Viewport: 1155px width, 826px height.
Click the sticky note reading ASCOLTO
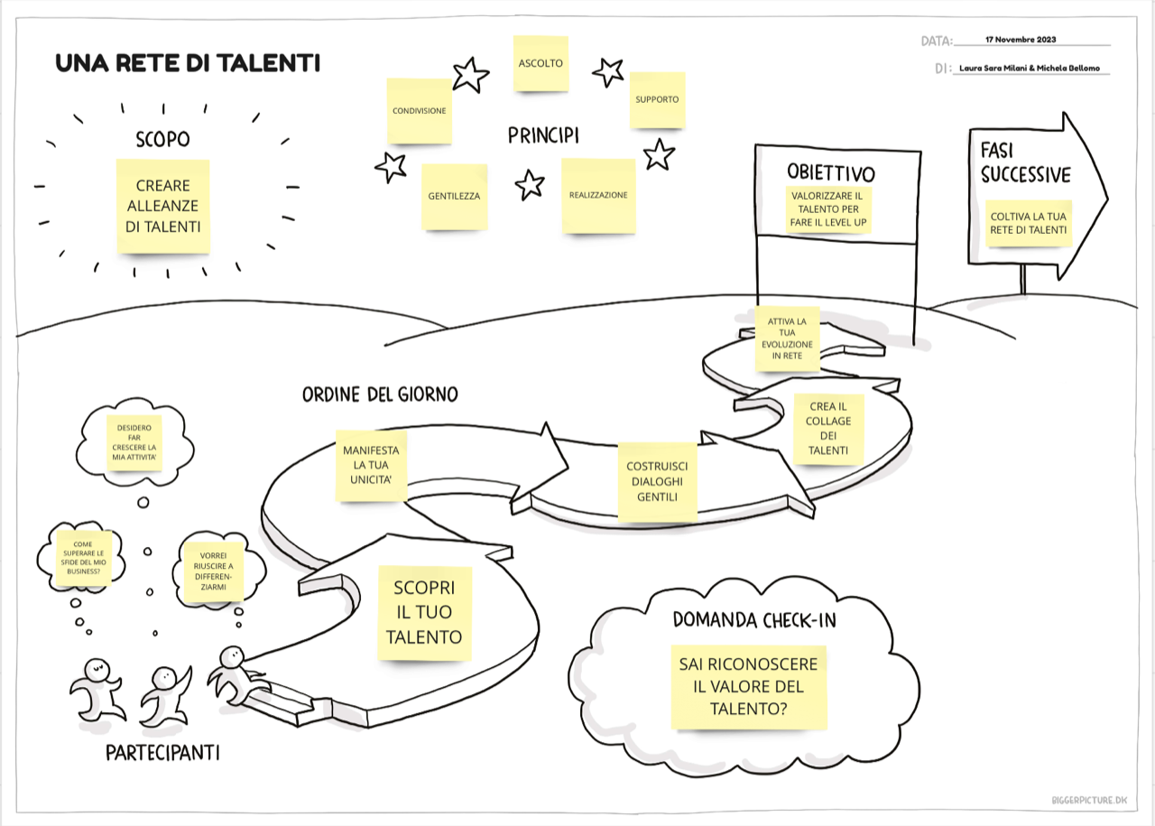click(541, 63)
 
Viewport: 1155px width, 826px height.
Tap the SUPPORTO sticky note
click(657, 99)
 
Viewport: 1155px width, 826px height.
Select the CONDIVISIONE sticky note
click(419, 111)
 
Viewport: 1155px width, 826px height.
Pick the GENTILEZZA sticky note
click(454, 196)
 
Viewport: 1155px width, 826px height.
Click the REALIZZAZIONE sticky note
click(597, 195)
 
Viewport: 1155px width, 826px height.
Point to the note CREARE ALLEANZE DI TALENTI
click(162, 206)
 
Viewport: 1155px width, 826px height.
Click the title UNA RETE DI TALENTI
click(188, 63)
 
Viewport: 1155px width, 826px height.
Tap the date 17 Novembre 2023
click(1021, 40)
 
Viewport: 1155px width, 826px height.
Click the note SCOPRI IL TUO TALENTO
click(424, 612)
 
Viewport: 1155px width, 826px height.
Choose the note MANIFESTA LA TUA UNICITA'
click(370, 465)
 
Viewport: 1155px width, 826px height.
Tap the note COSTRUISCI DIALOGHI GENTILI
click(657, 481)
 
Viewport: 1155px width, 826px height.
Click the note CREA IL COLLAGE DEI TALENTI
click(828, 429)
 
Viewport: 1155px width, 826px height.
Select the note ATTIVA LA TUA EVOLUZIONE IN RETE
click(788, 339)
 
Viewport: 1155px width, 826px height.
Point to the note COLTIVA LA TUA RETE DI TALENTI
click(1029, 223)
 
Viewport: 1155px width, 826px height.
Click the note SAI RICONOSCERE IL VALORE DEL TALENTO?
click(749, 687)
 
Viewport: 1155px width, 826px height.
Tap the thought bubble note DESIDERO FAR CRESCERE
click(134, 441)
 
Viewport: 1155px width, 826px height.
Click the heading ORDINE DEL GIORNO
click(380, 394)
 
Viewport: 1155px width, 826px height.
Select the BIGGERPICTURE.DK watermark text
click(1089, 800)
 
